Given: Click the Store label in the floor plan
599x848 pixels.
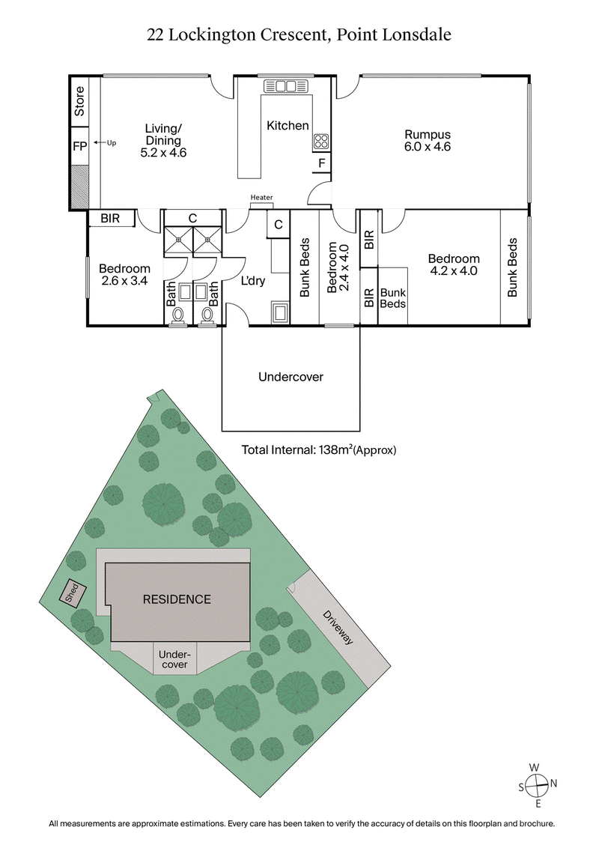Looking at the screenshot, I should click(x=79, y=103).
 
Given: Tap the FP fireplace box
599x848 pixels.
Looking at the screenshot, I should click(x=79, y=145).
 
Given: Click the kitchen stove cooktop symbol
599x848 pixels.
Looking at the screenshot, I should click(x=321, y=141).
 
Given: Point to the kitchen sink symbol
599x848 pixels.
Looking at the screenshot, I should click(x=286, y=86).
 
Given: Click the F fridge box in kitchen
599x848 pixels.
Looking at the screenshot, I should click(x=321, y=163).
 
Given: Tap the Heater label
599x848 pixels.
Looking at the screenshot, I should click(x=261, y=198).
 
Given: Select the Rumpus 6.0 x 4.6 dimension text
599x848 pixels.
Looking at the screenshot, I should click(x=431, y=147).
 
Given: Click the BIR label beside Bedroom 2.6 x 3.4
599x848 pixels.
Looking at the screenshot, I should click(x=111, y=218).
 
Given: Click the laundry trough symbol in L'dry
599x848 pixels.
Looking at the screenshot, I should click(x=281, y=312).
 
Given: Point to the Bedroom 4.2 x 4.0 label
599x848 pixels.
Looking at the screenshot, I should click(x=453, y=265).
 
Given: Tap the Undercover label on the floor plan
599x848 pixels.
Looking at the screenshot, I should click(x=291, y=377).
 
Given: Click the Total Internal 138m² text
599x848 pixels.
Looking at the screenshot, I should click(x=318, y=450).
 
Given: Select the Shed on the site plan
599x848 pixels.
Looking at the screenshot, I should click(x=71, y=593).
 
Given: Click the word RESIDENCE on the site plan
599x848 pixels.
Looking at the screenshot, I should click(x=177, y=599).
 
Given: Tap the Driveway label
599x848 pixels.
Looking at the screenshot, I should click(x=338, y=629).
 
